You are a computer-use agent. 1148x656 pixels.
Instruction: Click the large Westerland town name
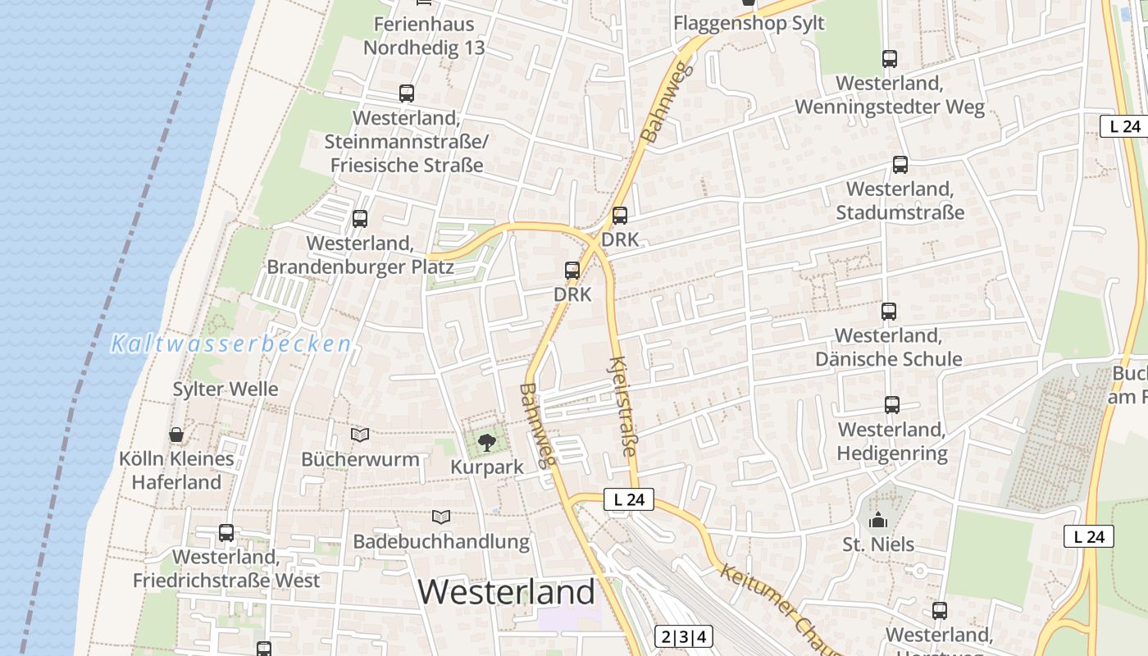point(507,591)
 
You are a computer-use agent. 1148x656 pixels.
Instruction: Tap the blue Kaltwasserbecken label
point(231,344)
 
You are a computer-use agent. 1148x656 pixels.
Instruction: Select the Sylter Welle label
point(225,389)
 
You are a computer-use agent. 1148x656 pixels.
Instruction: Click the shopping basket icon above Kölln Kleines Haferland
point(175,434)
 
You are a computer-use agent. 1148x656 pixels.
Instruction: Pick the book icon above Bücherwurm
point(359,435)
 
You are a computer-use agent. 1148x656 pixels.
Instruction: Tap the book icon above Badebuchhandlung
point(441,517)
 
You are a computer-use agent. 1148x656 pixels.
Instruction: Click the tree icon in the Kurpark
point(486,443)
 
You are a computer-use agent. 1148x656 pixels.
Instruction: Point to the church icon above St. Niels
point(878,520)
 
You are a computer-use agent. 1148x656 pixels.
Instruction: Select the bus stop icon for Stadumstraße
point(900,165)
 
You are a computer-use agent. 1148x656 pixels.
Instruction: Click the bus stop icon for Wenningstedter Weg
point(890,59)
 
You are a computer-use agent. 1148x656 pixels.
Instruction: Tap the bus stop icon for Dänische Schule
point(889,312)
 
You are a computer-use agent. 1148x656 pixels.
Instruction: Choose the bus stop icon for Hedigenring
point(891,405)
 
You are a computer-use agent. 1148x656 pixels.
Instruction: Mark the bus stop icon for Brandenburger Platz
point(359,219)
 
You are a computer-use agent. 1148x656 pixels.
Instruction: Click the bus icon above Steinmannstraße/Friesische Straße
point(407,93)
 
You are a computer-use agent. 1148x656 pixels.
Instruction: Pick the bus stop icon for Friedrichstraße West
point(226,533)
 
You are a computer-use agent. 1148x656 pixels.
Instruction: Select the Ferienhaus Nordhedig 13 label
point(424,35)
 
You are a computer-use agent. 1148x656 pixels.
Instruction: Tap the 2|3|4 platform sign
point(683,636)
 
